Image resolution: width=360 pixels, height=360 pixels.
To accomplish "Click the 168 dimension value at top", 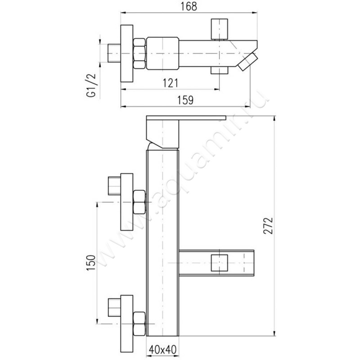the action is click(189, 7).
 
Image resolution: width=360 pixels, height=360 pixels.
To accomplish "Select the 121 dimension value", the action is click(171, 83).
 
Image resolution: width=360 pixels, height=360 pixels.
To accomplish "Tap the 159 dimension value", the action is click(185, 100).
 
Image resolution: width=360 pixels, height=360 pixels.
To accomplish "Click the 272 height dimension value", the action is click(268, 226).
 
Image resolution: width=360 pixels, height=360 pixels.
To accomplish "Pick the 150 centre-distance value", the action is click(91, 262).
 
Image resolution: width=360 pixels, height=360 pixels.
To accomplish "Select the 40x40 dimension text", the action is click(163, 350).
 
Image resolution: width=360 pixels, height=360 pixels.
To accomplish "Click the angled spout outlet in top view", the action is click(248, 61).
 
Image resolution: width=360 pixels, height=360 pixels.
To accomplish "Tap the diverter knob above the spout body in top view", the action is click(220, 29).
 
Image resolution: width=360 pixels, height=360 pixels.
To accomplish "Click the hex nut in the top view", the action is click(139, 54).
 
